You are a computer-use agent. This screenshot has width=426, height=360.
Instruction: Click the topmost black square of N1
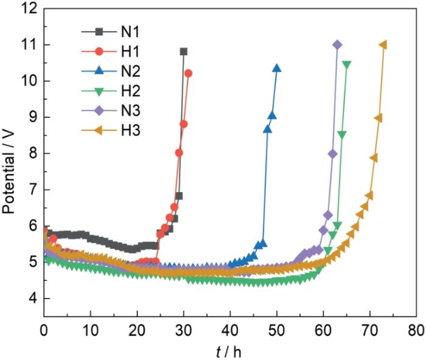[184, 52]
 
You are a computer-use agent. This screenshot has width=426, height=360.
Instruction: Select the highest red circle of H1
[188, 73]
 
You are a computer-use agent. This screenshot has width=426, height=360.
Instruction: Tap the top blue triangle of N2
[277, 68]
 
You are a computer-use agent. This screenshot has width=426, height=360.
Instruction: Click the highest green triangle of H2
[347, 64]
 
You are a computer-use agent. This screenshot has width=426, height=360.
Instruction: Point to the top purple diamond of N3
[337, 44]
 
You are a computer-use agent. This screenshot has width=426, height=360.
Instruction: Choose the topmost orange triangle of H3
[383, 44]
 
